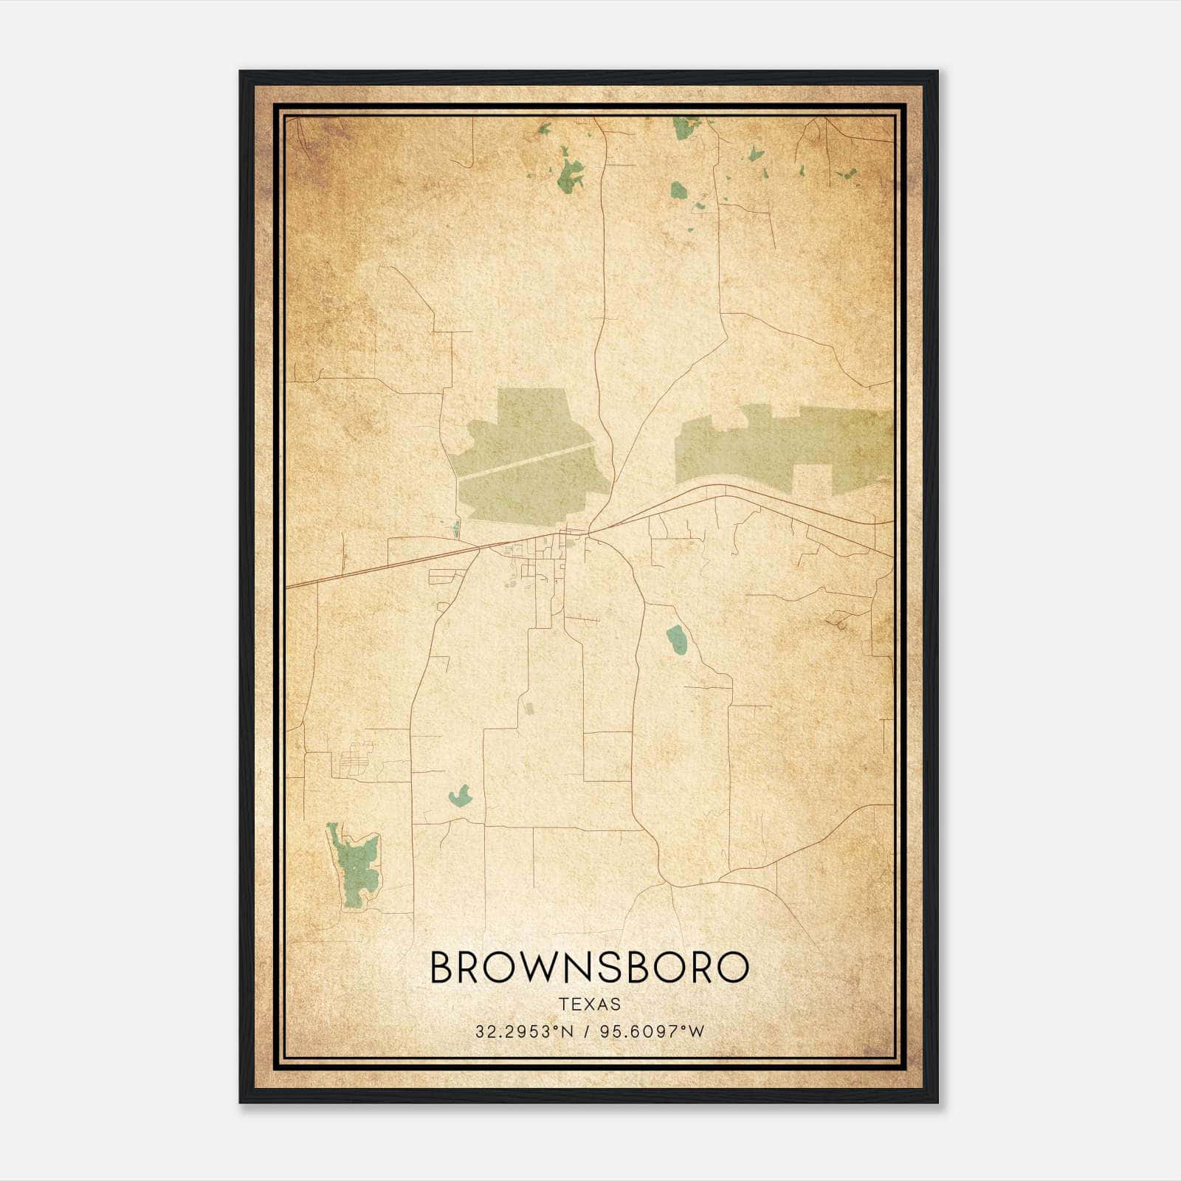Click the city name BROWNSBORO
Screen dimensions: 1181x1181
coord(589,967)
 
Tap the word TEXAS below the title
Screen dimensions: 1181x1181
coord(590,1004)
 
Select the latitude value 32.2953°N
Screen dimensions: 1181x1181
coord(524,1032)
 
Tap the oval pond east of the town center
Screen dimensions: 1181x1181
coord(676,638)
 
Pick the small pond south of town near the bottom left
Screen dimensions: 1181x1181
coord(459,796)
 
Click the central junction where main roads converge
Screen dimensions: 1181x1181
coord(589,531)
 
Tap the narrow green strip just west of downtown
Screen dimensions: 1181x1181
coord(457,528)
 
